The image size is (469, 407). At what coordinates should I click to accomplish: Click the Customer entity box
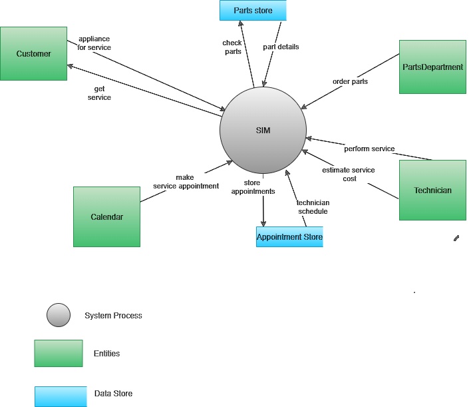coord(33,53)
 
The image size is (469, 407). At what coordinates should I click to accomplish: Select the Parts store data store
coord(253,10)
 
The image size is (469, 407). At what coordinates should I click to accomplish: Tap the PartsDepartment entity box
coord(432,67)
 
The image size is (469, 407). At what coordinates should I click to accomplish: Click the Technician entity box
coord(432,190)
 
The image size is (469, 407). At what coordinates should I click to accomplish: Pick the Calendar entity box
coord(106,216)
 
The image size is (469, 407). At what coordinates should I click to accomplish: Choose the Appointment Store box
coord(289,236)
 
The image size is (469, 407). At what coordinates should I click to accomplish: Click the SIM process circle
coord(263,130)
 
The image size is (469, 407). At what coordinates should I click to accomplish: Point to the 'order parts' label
coord(350,82)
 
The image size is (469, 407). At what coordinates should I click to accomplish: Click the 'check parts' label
coord(232,47)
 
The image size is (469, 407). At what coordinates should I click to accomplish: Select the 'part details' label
coord(281,47)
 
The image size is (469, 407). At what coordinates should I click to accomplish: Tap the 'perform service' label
coord(369,149)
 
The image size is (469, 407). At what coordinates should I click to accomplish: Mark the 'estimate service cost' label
coord(349,174)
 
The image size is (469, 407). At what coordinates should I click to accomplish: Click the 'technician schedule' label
coord(313,206)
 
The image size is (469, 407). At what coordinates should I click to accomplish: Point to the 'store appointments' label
coord(253,187)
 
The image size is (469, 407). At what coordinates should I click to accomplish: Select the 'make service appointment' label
coord(186,182)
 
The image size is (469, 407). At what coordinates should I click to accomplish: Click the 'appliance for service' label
coord(94,43)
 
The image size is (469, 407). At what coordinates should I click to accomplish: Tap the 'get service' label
coord(99,93)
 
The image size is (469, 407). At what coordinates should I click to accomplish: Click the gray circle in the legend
coord(59,315)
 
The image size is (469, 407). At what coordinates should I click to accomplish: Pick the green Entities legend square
coord(59,353)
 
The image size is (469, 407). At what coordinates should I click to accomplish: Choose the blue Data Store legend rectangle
coord(61,396)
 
